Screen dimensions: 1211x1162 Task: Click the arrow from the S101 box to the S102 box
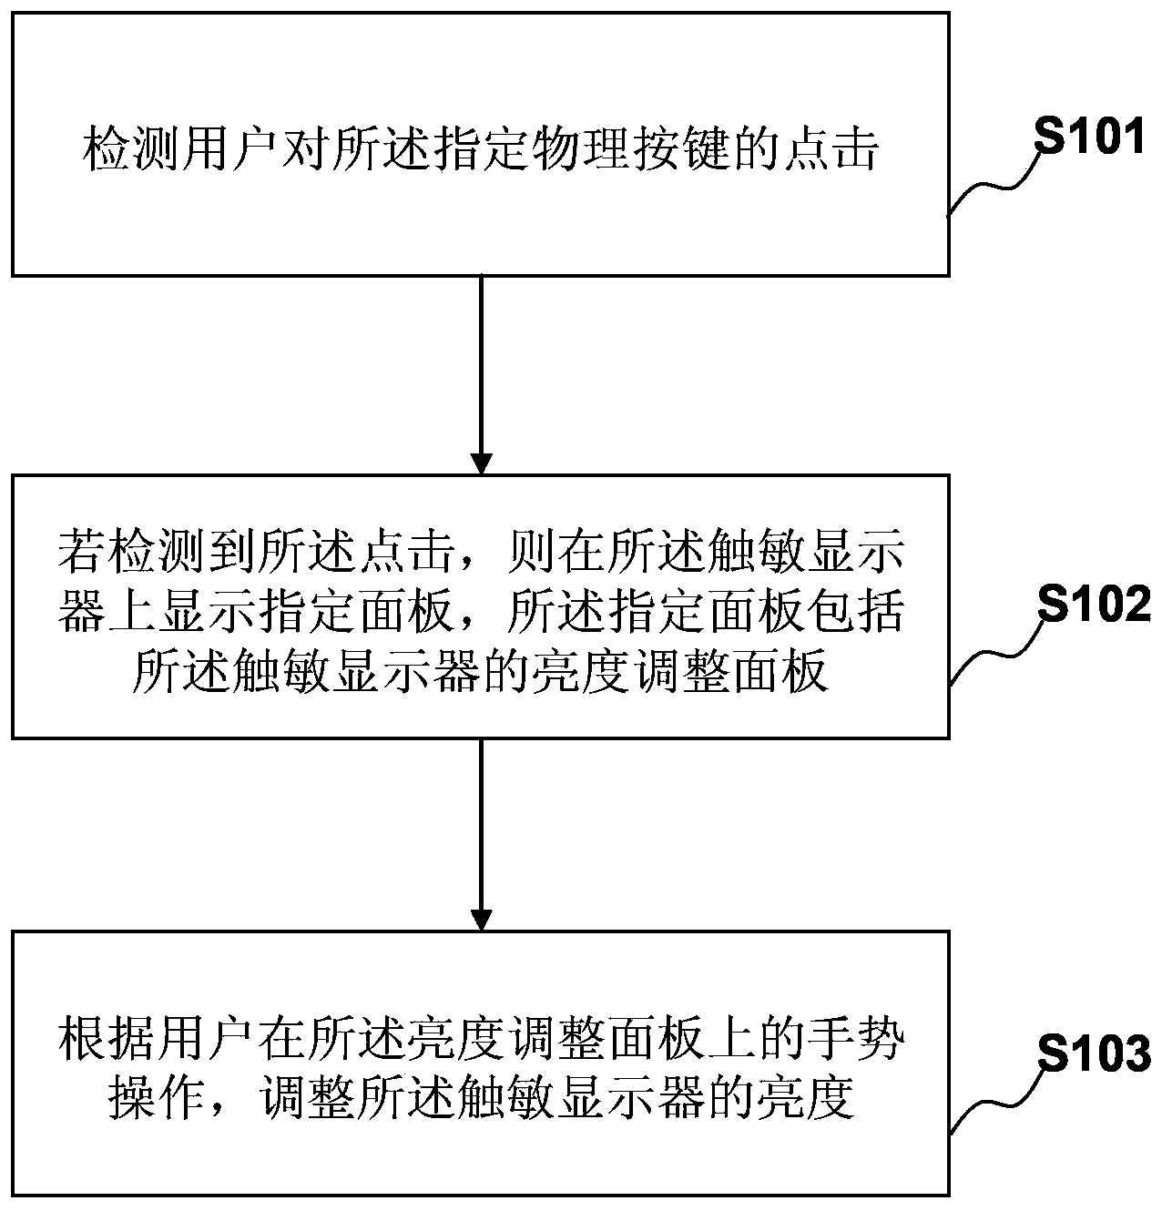click(480, 374)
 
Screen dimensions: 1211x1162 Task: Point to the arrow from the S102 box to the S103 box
click(480, 833)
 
